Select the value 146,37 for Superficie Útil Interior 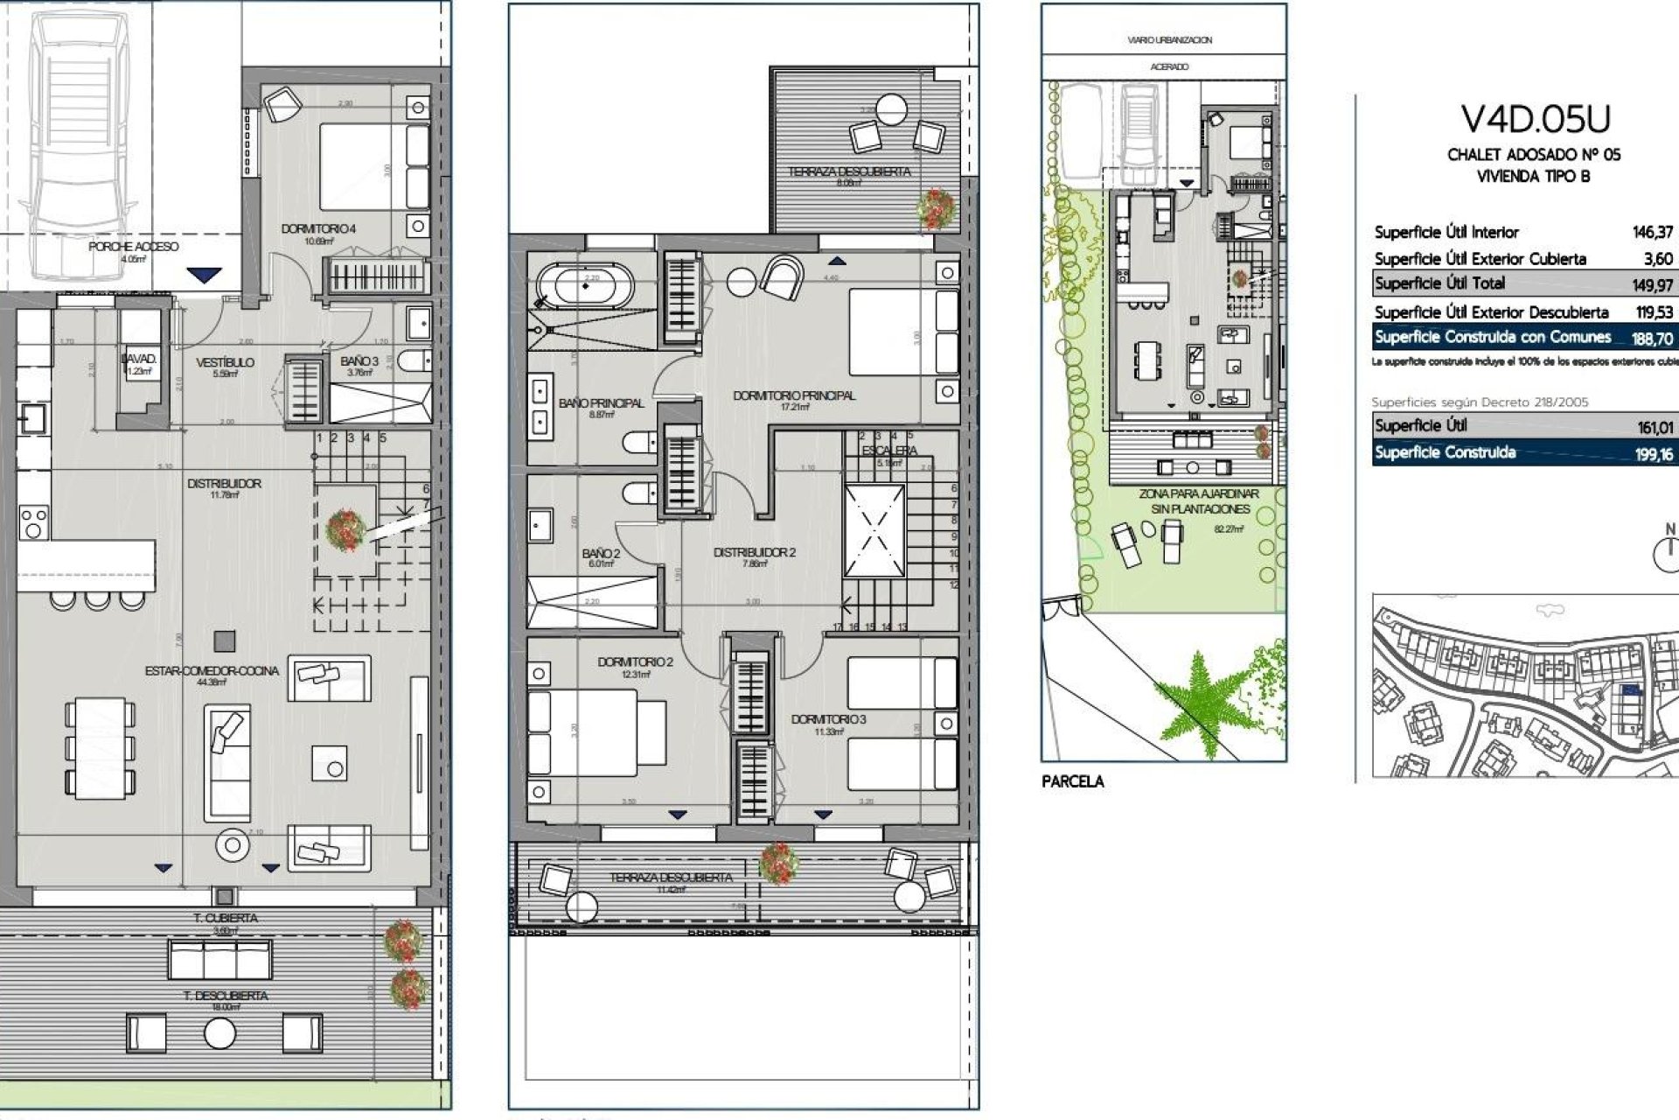(1652, 232)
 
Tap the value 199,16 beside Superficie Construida (1654, 454)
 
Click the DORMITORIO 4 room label (318, 229)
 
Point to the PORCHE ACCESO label (133, 247)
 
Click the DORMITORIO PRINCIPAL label (793, 395)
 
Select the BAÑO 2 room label (601, 553)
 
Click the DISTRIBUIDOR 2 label (754, 552)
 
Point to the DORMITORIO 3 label (827, 719)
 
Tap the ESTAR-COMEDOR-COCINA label (212, 671)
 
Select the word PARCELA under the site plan (1072, 782)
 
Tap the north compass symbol (1669, 553)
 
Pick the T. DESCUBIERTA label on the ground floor (225, 996)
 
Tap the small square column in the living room (225, 640)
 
